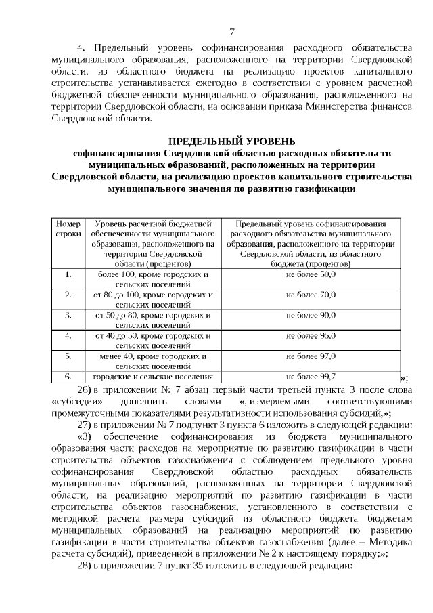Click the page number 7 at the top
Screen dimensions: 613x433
(231, 32)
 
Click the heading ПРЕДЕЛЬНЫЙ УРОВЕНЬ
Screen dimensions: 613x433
(231, 141)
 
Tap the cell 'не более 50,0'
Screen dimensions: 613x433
(311, 274)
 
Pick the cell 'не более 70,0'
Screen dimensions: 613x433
(311, 295)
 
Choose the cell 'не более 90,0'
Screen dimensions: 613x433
(311, 315)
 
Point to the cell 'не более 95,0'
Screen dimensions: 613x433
(311, 335)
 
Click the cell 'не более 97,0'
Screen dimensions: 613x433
(311, 356)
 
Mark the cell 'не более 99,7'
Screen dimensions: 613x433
(311, 376)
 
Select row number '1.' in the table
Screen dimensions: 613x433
(68, 274)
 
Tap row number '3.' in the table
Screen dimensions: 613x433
(68, 315)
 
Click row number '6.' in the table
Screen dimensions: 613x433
(68, 376)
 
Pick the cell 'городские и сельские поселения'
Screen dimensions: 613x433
(153, 376)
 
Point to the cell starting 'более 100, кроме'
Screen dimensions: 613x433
(153, 280)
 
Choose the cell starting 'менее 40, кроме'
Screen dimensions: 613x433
(153, 360)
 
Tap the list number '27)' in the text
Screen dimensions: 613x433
(85, 425)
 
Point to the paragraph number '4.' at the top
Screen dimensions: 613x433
(83, 49)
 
